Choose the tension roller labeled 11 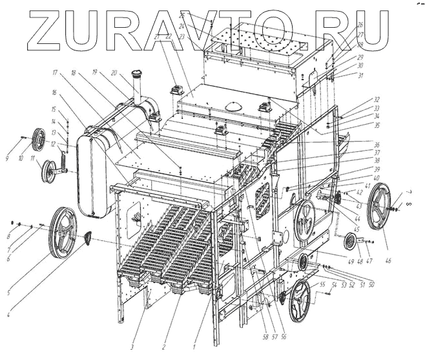(x=48, y=171)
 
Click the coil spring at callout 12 (x=65, y=156)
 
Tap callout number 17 (x=56, y=72)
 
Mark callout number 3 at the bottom (x=132, y=347)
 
